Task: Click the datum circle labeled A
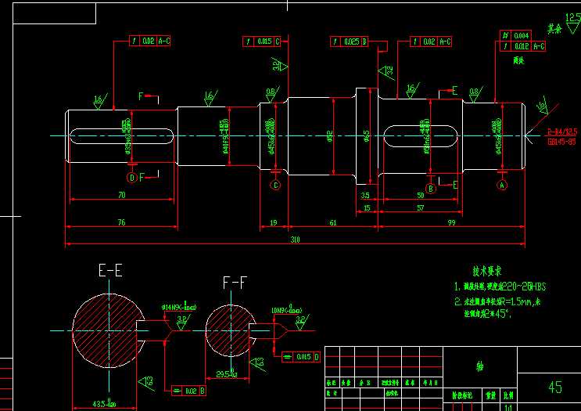tap(502, 185)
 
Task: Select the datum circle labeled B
tap(429, 185)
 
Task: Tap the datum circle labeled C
tap(275, 185)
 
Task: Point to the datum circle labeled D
tap(132, 178)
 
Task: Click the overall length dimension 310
tap(295, 239)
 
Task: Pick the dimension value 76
tap(121, 223)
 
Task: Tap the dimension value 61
tap(333, 223)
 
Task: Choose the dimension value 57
tap(421, 208)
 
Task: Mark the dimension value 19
tap(273, 223)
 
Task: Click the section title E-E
tap(109, 272)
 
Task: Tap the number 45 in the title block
tap(555, 387)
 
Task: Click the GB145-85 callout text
tap(561, 142)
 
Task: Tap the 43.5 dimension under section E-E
tap(105, 404)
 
